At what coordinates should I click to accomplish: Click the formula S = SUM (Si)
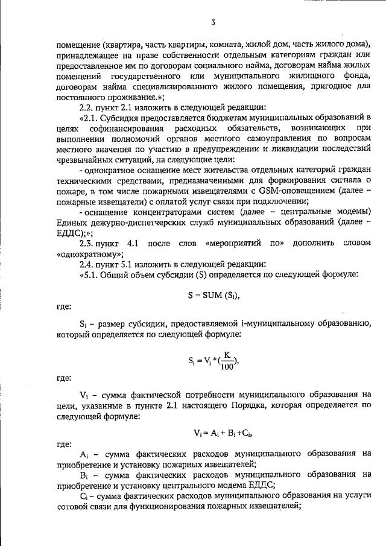tap(214, 294)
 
